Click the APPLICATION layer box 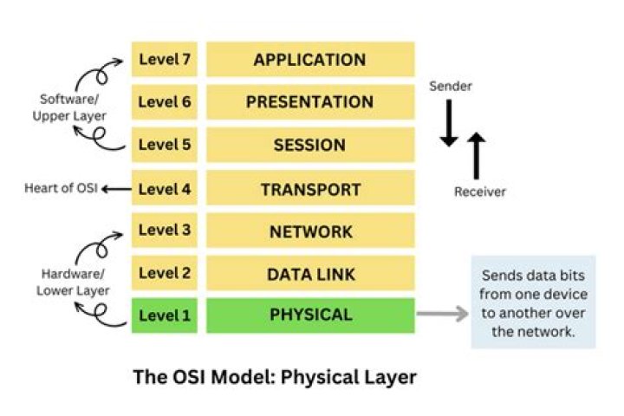(x=309, y=60)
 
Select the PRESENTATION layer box (x=309, y=102)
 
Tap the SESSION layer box (x=309, y=145)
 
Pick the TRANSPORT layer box (x=309, y=188)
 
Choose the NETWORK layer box (x=309, y=231)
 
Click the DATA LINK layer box (x=309, y=274)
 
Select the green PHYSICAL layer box (x=309, y=315)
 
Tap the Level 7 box (x=165, y=60)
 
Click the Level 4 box (x=165, y=188)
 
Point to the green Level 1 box (x=165, y=315)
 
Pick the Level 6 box (x=165, y=102)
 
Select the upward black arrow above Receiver (x=477, y=154)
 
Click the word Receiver (x=479, y=192)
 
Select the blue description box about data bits (x=533, y=302)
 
